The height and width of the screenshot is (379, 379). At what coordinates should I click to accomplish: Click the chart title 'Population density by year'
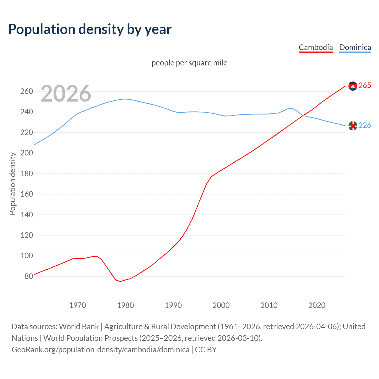click(x=90, y=29)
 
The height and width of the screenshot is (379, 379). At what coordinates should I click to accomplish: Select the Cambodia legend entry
click(x=316, y=47)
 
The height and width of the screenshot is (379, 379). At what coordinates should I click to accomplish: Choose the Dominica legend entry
click(x=355, y=47)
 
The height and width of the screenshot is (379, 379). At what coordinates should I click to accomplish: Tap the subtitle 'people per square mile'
click(x=189, y=63)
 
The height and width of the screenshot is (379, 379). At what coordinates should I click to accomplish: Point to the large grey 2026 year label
click(x=66, y=94)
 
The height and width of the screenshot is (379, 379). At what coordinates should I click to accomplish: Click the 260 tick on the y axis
click(x=26, y=91)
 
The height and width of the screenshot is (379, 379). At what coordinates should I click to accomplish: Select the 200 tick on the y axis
click(x=26, y=153)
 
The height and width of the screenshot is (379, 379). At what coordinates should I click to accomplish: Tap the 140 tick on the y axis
click(x=26, y=215)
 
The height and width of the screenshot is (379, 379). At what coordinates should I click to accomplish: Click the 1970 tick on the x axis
click(x=78, y=305)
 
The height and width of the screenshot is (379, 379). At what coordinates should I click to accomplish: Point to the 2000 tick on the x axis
click(x=221, y=305)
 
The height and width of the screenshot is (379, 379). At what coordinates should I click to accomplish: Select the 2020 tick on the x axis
click(x=317, y=305)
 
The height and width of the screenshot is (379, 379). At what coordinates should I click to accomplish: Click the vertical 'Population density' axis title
click(x=12, y=184)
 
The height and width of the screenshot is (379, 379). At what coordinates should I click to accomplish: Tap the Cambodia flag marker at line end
click(x=353, y=86)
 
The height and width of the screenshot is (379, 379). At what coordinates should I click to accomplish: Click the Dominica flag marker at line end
click(x=353, y=126)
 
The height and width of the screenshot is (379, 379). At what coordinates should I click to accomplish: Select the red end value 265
click(x=365, y=86)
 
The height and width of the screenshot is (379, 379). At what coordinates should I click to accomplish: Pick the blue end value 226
click(x=365, y=126)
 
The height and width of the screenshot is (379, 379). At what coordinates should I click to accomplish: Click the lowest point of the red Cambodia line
click(x=121, y=282)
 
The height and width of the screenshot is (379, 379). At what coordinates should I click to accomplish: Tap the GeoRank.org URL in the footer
click(x=100, y=350)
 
